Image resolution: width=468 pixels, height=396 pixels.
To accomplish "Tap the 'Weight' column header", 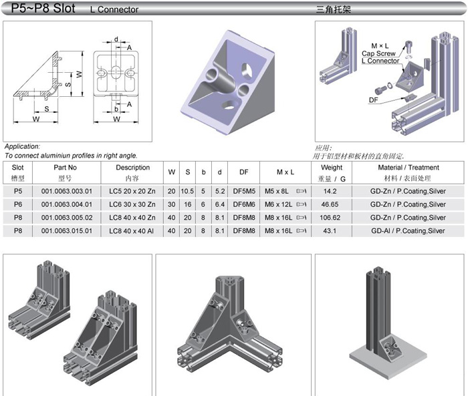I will click(332, 168).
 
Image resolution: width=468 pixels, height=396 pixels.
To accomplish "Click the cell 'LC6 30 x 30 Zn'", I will click(132, 204).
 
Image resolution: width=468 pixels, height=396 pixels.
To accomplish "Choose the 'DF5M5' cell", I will click(241, 191).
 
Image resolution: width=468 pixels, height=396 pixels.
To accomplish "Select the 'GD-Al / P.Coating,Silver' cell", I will click(408, 231).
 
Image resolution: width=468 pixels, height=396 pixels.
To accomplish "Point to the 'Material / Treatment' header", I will click(408, 168).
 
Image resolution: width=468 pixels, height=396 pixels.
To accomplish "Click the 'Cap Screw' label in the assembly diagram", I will click(378, 53).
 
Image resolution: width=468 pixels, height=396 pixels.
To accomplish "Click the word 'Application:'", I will click(22, 146).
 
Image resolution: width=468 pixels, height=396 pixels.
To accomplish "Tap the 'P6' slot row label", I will click(18, 204).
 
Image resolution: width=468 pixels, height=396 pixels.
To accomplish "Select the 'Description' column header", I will click(132, 168).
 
